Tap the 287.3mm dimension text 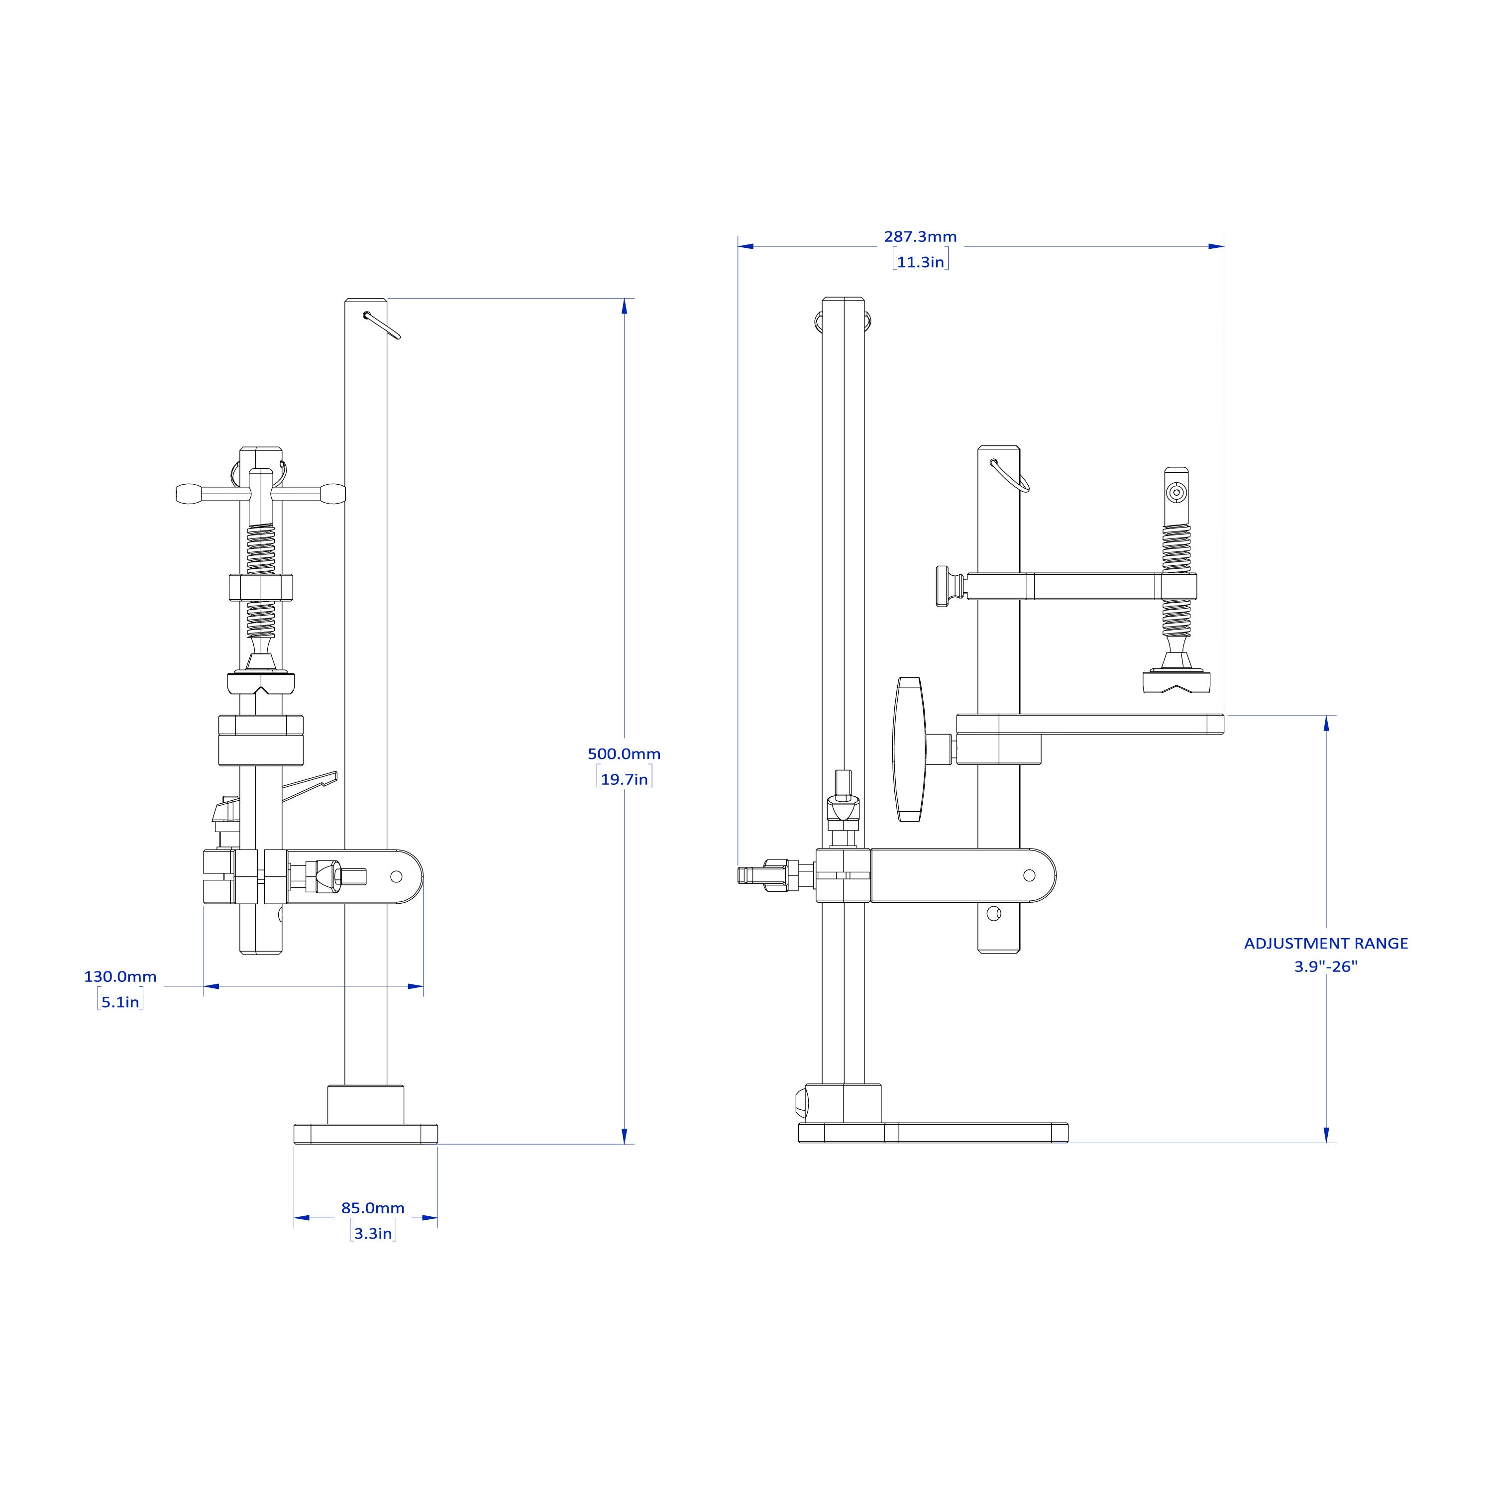pos(920,236)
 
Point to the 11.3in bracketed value pos(920,262)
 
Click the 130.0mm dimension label pos(120,976)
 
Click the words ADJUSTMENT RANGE pos(1326,943)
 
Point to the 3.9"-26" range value pos(1326,966)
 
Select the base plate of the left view pos(365,1134)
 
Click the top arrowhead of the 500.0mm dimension pos(625,307)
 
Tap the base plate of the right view pos(933,1133)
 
